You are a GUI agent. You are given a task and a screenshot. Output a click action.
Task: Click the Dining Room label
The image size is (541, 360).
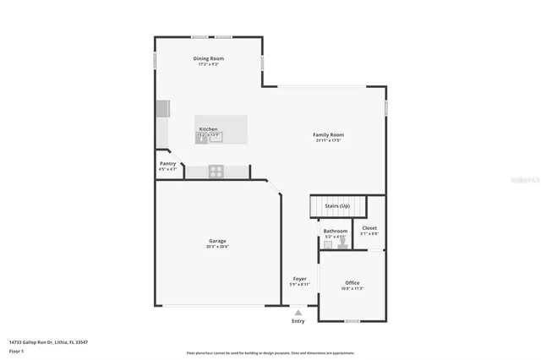(208, 58)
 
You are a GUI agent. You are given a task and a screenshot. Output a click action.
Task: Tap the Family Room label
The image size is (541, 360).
(328, 134)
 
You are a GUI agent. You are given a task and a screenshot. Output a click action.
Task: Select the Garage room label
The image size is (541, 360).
(217, 241)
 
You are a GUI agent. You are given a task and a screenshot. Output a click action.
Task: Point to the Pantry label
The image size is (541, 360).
(167, 164)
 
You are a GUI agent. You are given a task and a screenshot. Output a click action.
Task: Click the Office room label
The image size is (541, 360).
(352, 282)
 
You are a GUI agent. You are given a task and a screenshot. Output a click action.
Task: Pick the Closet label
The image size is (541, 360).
(369, 227)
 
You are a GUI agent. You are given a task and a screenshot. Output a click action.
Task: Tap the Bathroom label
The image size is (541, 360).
(335, 231)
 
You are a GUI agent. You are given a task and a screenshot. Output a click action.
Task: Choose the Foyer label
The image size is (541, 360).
(299, 278)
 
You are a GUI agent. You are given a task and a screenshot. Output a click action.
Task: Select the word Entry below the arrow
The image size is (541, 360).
(298, 321)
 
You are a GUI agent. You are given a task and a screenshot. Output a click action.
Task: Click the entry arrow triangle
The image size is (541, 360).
(298, 313)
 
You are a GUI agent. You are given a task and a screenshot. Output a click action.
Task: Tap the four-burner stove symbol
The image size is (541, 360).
(216, 172)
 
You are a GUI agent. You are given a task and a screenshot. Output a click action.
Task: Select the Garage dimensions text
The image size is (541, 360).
(217, 247)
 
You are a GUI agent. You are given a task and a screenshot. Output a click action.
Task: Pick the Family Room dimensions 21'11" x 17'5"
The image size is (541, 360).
(328, 140)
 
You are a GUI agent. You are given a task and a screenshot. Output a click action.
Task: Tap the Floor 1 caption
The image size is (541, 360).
(16, 350)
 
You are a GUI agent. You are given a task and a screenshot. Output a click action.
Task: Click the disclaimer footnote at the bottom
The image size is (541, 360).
(270, 352)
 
